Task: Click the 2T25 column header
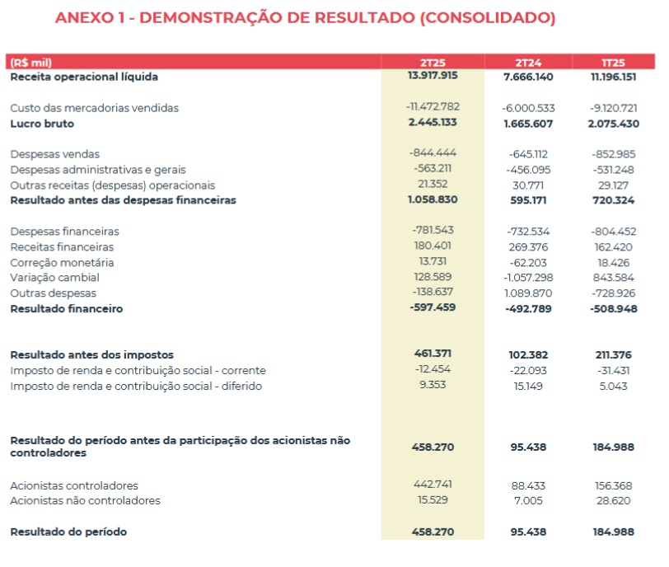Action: point(433,63)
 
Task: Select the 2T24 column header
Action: point(528,63)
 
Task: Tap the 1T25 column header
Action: point(613,63)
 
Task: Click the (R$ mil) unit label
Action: point(30,63)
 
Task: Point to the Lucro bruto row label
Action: point(42,124)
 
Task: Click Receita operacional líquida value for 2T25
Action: point(433,76)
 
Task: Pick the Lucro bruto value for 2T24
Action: point(528,124)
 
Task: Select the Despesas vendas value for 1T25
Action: point(614,154)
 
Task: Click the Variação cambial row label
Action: point(54,278)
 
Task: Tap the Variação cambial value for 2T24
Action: point(528,278)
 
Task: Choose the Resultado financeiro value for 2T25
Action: point(433,307)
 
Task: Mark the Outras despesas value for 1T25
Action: point(614,293)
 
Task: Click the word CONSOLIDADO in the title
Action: point(487,18)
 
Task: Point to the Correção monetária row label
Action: point(62,262)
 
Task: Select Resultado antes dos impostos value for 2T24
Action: point(528,355)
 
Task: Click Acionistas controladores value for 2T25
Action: point(433,485)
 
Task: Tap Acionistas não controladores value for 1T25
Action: point(614,500)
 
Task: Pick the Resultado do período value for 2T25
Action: point(433,532)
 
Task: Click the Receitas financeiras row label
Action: point(62,247)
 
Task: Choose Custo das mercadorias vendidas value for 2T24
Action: point(528,108)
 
